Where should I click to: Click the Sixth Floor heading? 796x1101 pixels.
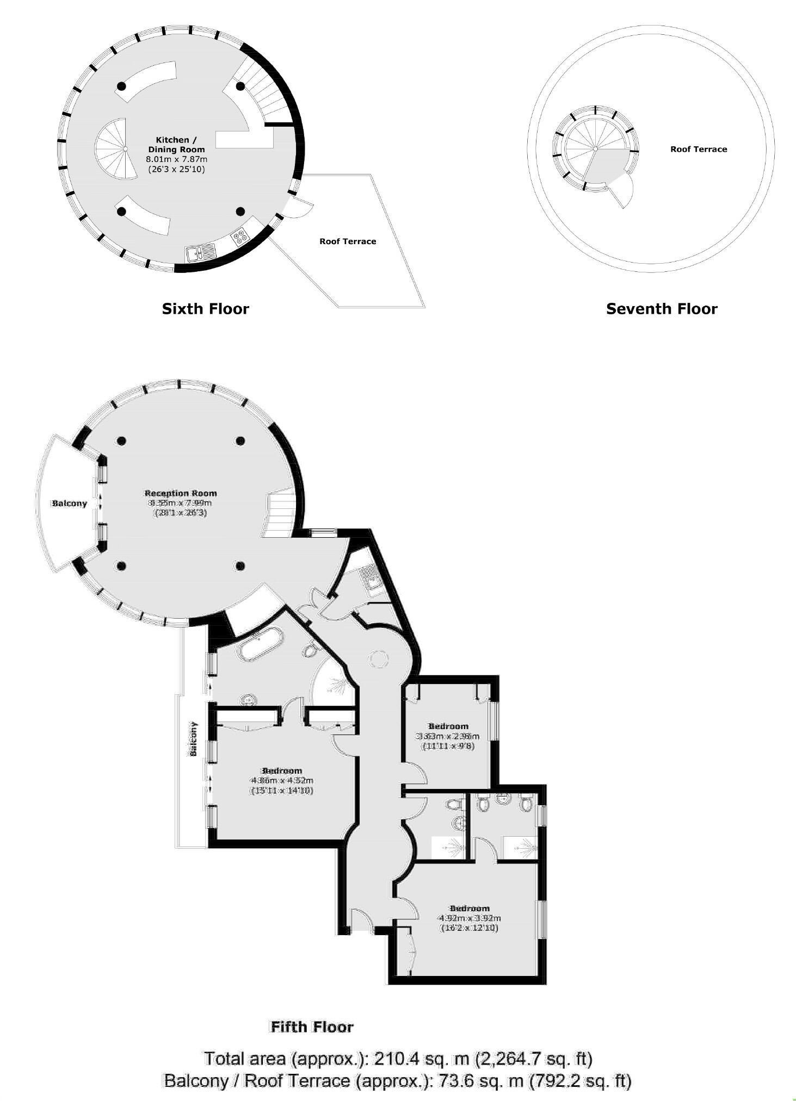[x=205, y=309]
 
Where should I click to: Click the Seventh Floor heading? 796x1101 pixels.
[x=661, y=309]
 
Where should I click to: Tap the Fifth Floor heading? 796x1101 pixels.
[x=312, y=1027]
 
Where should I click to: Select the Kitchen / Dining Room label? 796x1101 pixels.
[x=177, y=145]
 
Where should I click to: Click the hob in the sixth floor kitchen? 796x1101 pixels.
[x=240, y=236]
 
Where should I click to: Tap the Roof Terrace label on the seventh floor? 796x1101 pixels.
[x=698, y=149]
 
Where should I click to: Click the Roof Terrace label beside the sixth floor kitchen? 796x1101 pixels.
[x=347, y=241]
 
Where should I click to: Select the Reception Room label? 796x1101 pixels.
[x=180, y=493]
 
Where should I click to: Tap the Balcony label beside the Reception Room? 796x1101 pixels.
[x=69, y=503]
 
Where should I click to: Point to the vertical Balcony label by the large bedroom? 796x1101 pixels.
[x=193, y=738]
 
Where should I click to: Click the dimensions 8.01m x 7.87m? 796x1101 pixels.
[x=177, y=159]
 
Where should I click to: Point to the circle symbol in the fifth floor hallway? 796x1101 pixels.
[x=378, y=660]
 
